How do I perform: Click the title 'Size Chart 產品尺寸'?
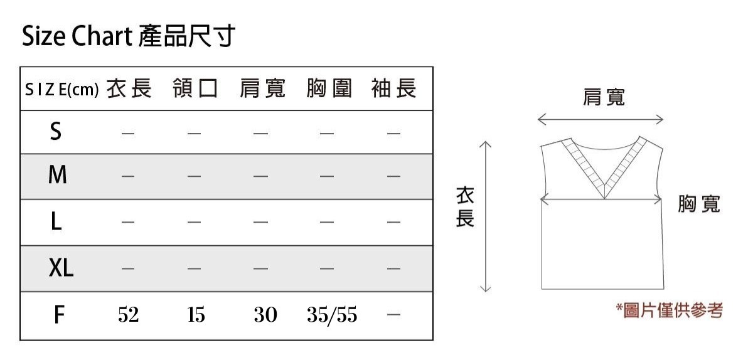(x=128, y=37)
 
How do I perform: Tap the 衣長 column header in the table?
(x=129, y=90)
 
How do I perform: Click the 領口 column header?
(x=195, y=90)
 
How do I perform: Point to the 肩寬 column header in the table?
(x=262, y=90)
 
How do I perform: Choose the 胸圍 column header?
(x=329, y=90)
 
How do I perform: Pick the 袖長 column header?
(x=393, y=90)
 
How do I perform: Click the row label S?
(x=56, y=132)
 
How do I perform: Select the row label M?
(x=57, y=176)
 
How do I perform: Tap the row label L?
(x=56, y=221)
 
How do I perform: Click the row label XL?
(x=61, y=268)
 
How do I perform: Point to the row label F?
(x=58, y=315)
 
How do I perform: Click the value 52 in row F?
(x=128, y=315)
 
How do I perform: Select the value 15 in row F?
(x=195, y=315)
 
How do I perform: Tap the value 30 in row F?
(x=265, y=315)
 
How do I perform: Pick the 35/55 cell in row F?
(x=332, y=315)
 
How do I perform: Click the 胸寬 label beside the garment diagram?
(x=699, y=204)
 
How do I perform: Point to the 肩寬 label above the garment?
(x=604, y=98)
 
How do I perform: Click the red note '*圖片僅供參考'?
(x=669, y=310)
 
